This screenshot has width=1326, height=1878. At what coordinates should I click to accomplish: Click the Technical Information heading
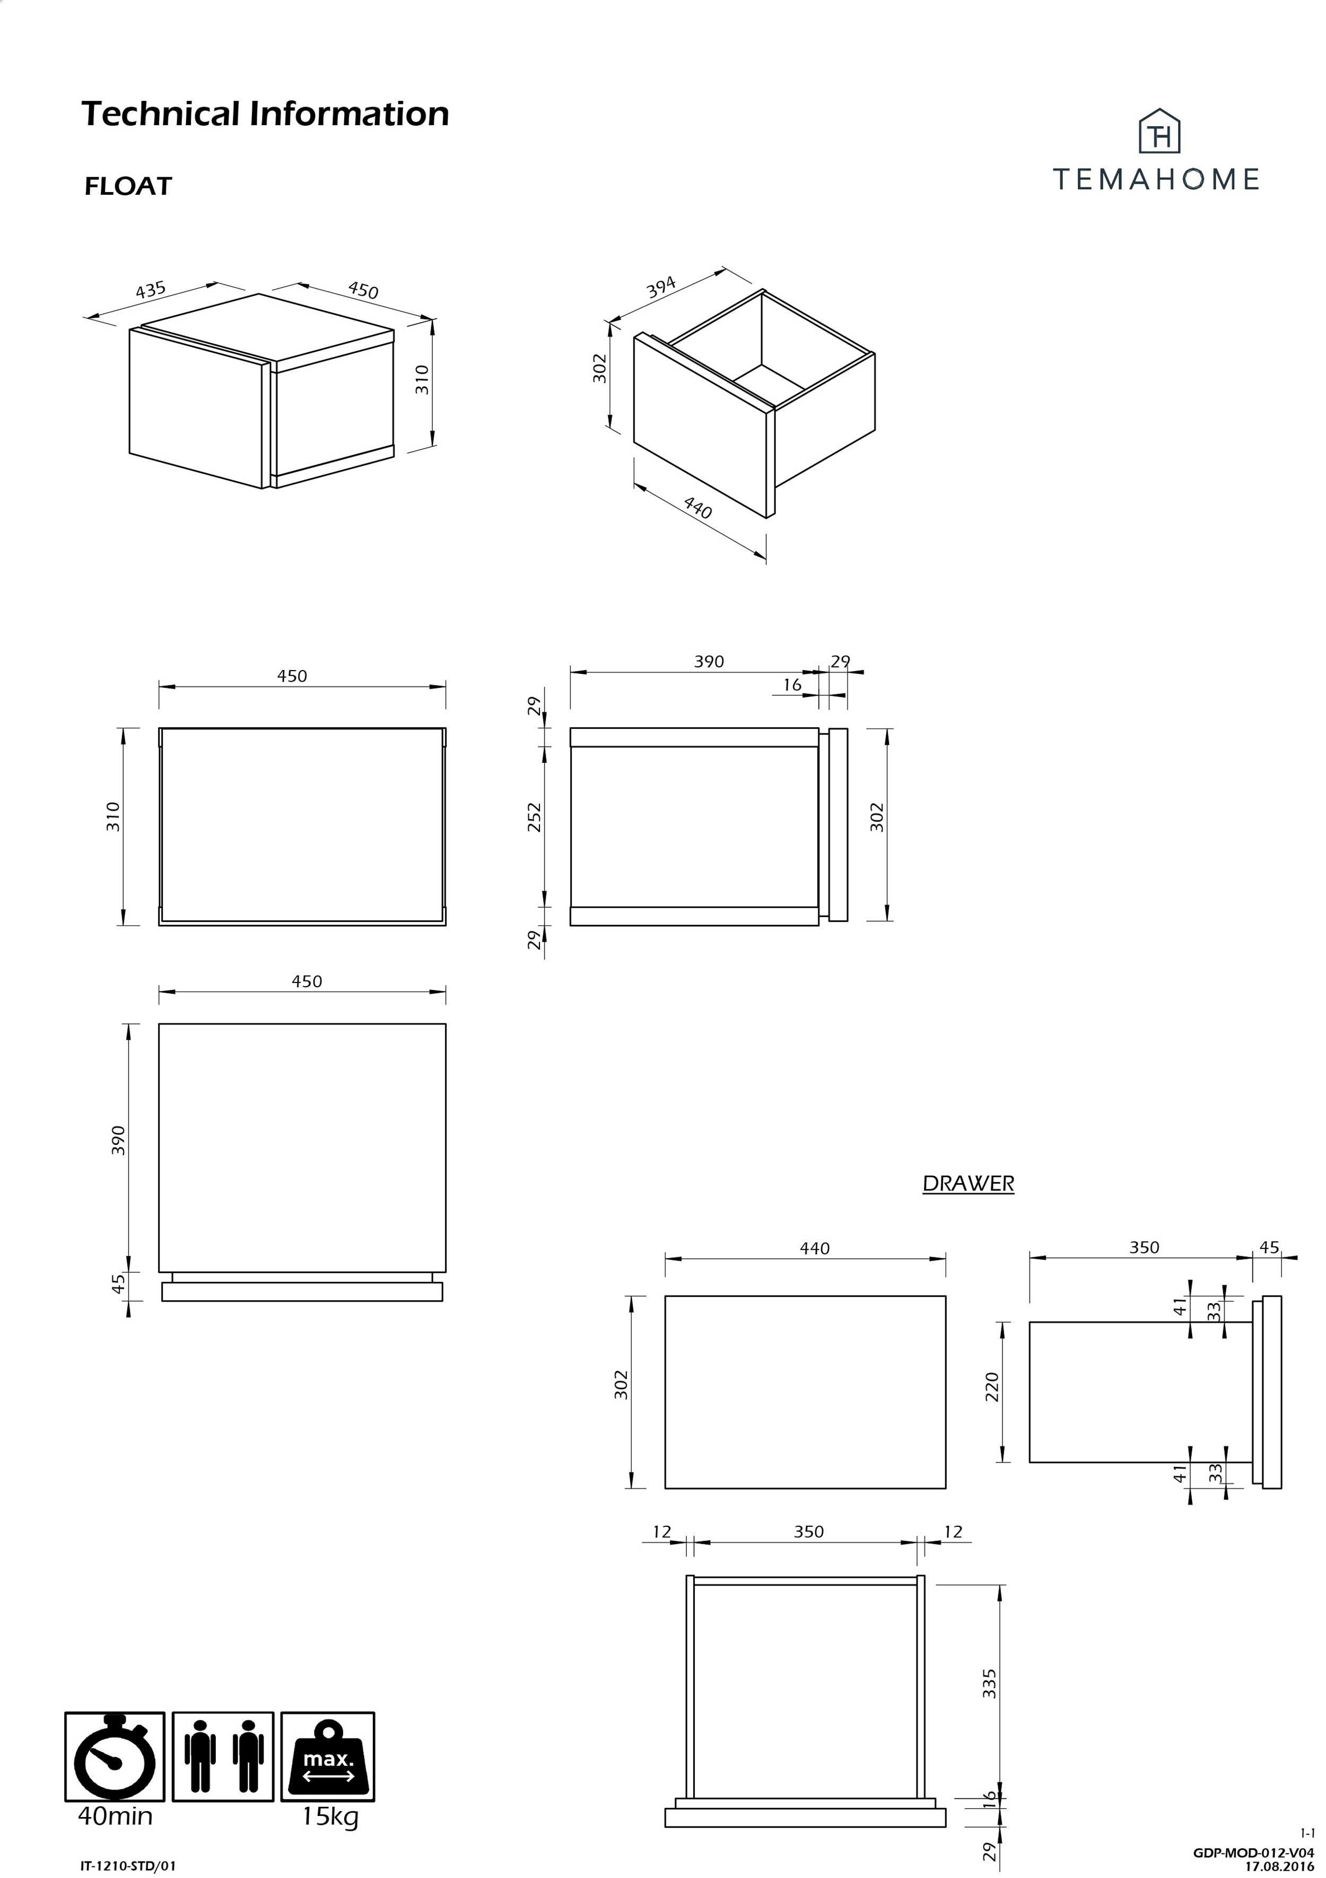pyautogui.click(x=265, y=114)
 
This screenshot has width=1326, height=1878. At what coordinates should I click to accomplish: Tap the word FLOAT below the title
pyautogui.click(x=128, y=187)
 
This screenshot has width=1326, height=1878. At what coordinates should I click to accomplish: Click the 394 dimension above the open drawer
pyautogui.click(x=661, y=287)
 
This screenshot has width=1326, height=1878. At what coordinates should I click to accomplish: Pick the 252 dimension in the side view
pyautogui.click(x=534, y=816)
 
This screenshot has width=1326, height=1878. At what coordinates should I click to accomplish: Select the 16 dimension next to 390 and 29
pyautogui.click(x=792, y=684)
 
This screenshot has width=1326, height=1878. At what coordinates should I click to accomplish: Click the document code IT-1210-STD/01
pyautogui.click(x=128, y=1866)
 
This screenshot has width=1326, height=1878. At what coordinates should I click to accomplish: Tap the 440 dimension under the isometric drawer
pyautogui.click(x=698, y=509)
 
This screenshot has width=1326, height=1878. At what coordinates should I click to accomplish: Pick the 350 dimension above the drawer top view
pyautogui.click(x=808, y=1531)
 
